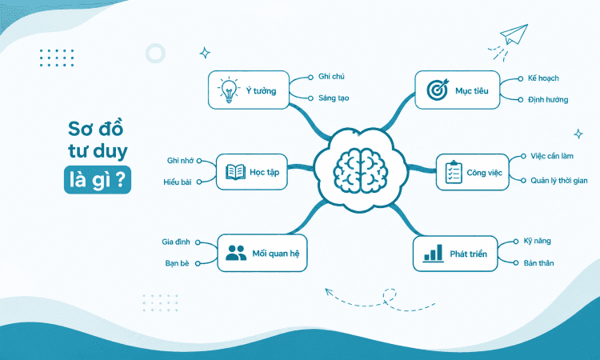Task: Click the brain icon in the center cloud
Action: click(x=361, y=170)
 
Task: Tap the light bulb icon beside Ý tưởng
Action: click(x=229, y=90)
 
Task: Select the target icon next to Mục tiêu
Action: click(x=438, y=90)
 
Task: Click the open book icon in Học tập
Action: click(x=235, y=172)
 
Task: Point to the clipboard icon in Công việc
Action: click(x=454, y=172)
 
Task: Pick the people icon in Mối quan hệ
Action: click(x=236, y=253)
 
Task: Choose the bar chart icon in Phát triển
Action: click(x=433, y=254)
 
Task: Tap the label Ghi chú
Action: click(x=331, y=77)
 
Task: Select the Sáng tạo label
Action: click(x=334, y=98)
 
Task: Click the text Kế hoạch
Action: click(x=543, y=78)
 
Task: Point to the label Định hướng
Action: click(x=548, y=100)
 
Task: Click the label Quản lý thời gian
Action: click(x=559, y=181)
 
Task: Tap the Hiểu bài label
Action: click(x=177, y=182)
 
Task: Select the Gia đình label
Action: click(x=176, y=242)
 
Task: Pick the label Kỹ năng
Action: click(x=538, y=241)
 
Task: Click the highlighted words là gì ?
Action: click(x=98, y=179)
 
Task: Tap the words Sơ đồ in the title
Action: click(x=96, y=129)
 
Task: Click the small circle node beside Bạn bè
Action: click(x=198, y=263)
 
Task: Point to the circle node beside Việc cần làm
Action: click(x=523, y=156)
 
